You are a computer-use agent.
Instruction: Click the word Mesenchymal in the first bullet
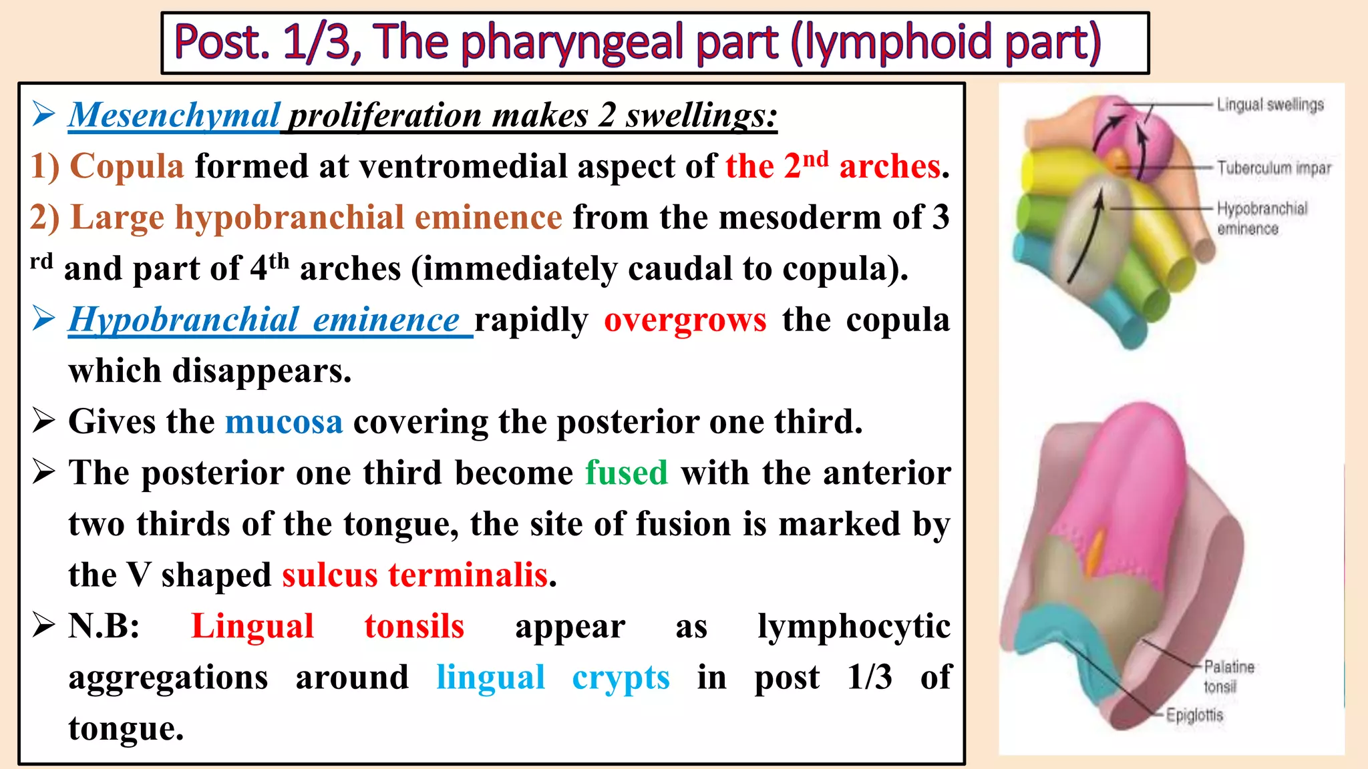click(174, 115)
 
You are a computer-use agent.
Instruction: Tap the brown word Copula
click(126, 166)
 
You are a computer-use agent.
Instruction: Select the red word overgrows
click(685, 320)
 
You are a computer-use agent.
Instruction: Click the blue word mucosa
click(284, 422)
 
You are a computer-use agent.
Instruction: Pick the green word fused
click(627, 473)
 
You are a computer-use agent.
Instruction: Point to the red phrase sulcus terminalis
click(415, 575)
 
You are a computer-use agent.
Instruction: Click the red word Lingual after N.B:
click(252, 626)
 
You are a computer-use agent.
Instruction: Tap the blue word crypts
click(621, 678)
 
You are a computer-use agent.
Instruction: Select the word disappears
click(261, 371)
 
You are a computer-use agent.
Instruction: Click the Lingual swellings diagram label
click(1270, 105)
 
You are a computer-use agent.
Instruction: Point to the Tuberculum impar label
click(1273, 168)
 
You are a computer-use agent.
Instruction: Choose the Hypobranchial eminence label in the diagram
click(1261, 218)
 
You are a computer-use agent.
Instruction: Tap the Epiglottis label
click(1194, 716)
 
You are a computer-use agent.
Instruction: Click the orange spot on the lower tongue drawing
click(1095, 551)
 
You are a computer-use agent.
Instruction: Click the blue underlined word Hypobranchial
click(184, 320)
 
